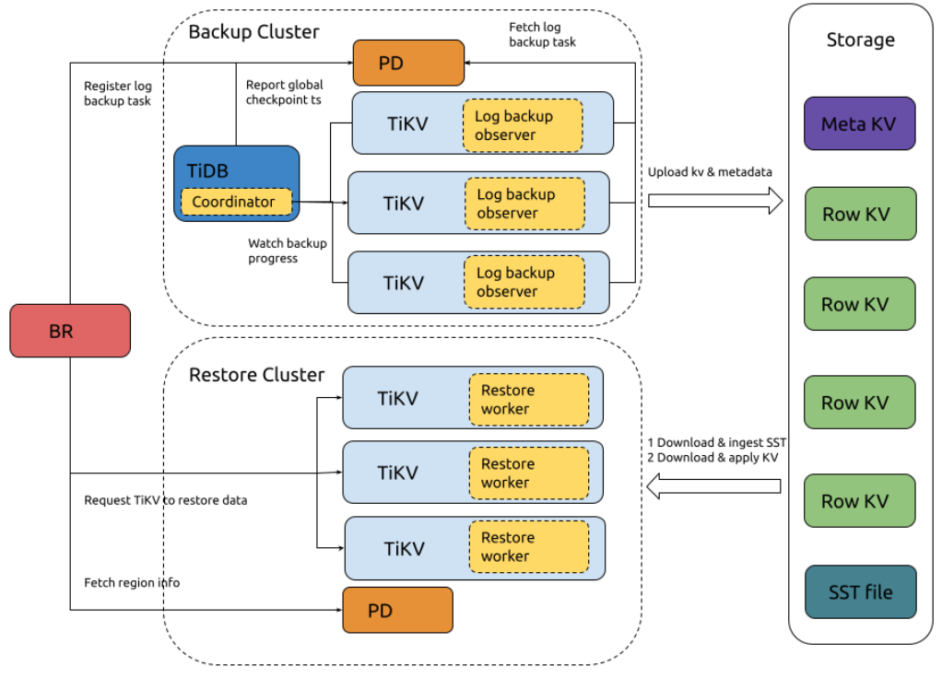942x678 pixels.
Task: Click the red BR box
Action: tap(69, 331)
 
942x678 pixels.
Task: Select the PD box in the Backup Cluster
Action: tap(408, 63)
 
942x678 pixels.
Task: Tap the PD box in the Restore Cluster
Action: tap(397, 610)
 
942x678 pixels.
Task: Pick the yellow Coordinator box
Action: tap(234, 202)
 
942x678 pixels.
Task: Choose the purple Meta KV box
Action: tap(859, 123)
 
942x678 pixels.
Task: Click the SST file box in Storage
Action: tap(860, 591)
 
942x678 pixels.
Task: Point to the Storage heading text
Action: tap(860, 41)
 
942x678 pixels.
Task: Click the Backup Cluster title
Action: tap(253, 32)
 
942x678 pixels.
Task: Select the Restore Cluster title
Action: tap(256, 375)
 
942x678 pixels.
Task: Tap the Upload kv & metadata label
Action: tap(710, 172)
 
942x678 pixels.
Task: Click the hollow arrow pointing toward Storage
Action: tap(714, 201)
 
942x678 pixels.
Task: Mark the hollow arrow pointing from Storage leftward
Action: tap(714, 485)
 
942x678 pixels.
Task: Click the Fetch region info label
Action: tap(132, 583)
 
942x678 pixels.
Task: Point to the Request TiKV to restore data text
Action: tap(165, 500)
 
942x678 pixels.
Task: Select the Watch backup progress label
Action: tap(287, 251)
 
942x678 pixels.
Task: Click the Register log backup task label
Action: tap(117, 94)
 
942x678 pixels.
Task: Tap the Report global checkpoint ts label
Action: tap(284, 92)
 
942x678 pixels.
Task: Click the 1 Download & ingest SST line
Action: tap(715, 442)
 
